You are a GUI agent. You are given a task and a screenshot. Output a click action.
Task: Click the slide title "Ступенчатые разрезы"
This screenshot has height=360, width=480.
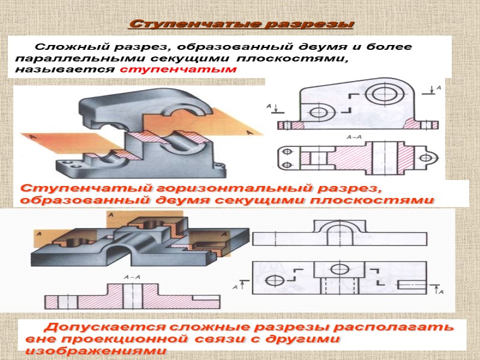coord(241,25)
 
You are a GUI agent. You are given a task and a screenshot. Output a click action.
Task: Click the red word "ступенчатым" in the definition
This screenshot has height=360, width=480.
coord(179,69)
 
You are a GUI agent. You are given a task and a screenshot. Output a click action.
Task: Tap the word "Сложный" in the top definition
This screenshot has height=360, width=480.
coord(63,46)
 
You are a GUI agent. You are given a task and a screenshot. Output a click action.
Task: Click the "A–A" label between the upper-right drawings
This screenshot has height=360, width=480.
coord(354,137)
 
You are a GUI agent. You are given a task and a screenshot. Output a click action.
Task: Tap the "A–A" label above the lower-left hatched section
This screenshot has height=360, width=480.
coord(131,277)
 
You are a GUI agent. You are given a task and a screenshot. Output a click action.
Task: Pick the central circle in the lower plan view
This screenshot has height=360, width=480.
coord(339,268)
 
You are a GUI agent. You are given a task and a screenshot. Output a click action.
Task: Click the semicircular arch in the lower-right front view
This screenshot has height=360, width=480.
coord(339,230)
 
